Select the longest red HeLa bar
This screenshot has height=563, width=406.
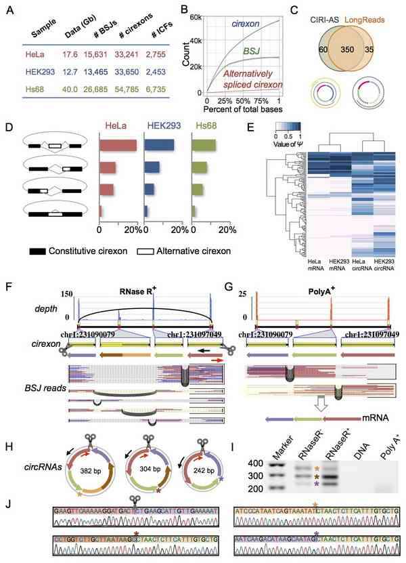(x=118, y=145)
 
